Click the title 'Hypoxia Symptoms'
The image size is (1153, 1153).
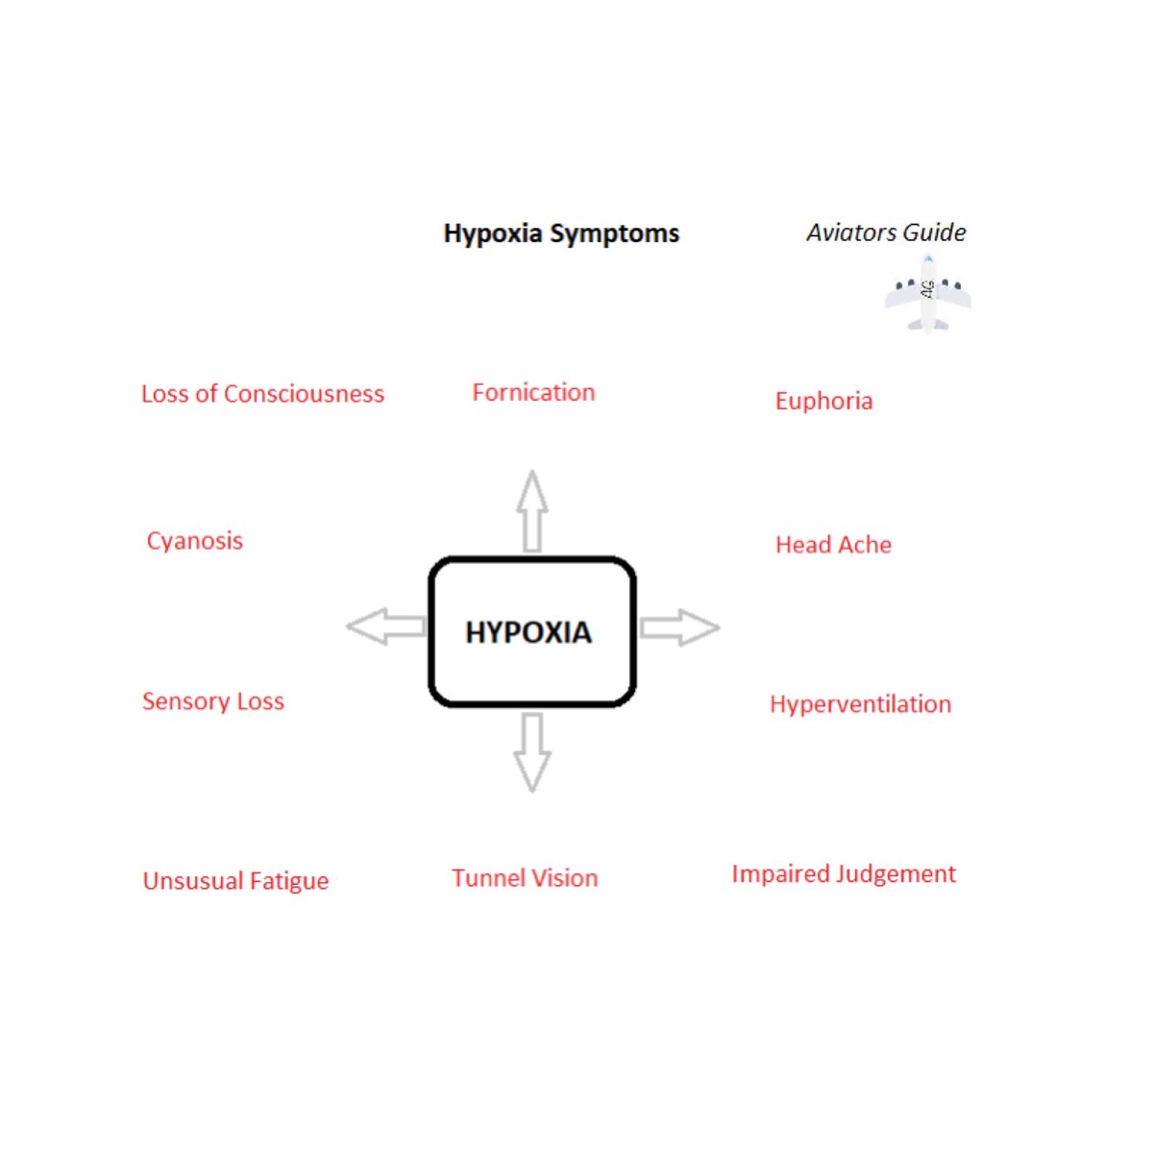click(x=561, y=233)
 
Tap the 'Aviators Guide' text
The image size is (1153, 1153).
click(x=886, y=233)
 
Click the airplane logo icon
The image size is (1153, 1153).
click(x=927, y=293)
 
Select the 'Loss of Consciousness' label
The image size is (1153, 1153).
click(x=262, y=394)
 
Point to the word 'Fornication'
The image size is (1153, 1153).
click(x=533, y=392)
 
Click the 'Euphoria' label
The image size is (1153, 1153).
click(x=823, y=401)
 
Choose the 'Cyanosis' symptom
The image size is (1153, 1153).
click(x=194, y=541)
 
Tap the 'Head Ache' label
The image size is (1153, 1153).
click(x=833, y=545)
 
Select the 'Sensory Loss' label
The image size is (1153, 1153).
click(x=213, y=701)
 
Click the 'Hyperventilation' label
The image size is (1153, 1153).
click(x=860, y=704)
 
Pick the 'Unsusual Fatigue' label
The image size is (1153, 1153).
click(x=235, y=881)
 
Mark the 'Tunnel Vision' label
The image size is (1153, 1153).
click(x=525, y=878)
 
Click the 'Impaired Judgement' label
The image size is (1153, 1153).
click(x=844, y=874)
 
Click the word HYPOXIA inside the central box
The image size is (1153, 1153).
click(x=528, y=632)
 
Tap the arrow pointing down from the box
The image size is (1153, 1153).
click(x=532, y=751)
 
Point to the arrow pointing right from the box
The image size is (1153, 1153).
click(x=679, y=627)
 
